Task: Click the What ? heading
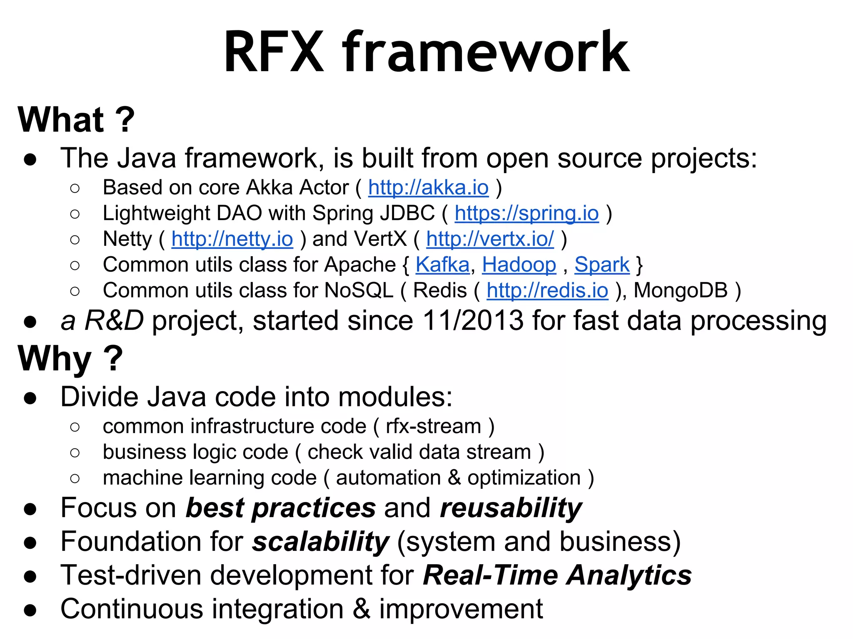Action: click(x=76, y=120)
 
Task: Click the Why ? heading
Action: click(x=70, y=359)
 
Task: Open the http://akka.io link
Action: click(x=428, y=188)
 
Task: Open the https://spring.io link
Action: click(x=526, y=213)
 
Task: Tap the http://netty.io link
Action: click(x=232, y=239)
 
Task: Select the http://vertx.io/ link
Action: click(x=490, y=239)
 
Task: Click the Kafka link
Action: click(x=442, y=265)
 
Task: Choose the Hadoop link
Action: click(x=519, y=265)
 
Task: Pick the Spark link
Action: click(x=602, y=265)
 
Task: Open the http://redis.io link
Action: click(x=547, y=291)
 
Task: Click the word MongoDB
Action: click(x=681, y=291)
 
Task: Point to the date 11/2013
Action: click(x=473, y=321)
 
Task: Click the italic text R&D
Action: click(x=114, y=321)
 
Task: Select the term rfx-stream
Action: click(x=433, y=426)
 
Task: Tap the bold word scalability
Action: click(x=320, y=542)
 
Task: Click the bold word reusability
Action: click(x=511, y=508)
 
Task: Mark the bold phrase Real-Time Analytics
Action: click(x=557, y=576)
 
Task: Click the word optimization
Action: click(x=524, y=478)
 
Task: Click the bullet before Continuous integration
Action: click(x=30, y=610)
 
